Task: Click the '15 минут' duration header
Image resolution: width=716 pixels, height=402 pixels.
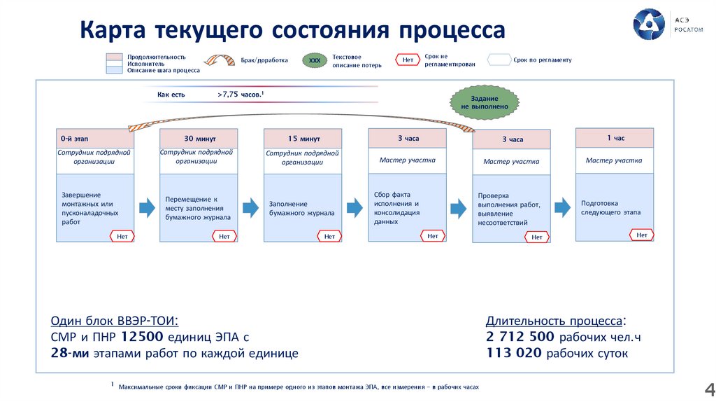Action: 303,139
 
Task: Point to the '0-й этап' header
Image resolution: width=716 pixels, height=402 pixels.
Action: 95,138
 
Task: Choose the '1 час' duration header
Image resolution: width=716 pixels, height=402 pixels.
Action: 615,138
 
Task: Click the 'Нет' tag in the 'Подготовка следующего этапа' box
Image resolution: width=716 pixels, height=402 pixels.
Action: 641,235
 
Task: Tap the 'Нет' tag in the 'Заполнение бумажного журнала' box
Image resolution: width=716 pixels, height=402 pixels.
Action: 329,237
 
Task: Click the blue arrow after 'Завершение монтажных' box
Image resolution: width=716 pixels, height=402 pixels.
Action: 147,207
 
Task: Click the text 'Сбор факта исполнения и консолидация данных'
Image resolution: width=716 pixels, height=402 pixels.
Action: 396,208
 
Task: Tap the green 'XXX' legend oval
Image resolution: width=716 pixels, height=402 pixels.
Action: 315,61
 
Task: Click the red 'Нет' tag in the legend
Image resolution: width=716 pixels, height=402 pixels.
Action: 408,60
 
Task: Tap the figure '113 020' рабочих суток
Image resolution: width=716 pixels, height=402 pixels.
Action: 514,353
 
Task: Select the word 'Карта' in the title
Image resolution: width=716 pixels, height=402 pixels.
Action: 112,30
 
